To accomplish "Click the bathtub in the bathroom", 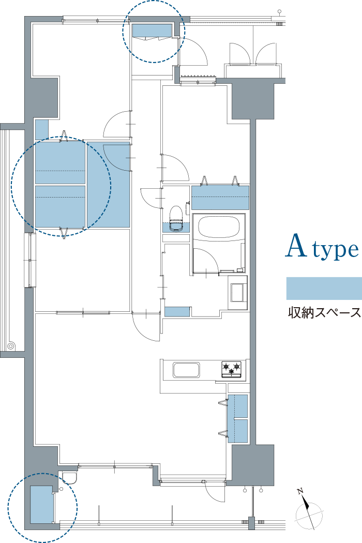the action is (x=219, y=227).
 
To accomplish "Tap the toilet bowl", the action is (x=176, y=218).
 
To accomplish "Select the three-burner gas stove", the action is (x=232, y=369).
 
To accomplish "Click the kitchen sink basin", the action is (x=186, y=370).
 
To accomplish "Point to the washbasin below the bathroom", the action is (x=238, y=292).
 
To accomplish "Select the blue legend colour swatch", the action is (x=324, y=288).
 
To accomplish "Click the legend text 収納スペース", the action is (x=324, y=313).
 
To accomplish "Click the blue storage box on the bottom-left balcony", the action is (x=41, y=505).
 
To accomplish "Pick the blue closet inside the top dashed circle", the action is (x=153, y=30).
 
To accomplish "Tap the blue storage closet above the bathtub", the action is (x=220, y=198).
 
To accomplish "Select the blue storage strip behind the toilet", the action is (x=176, y=227).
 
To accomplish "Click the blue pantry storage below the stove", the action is (x=238, y=419).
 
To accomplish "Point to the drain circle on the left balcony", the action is (x=11, y=345).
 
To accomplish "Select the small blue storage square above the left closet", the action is (x=41, y=129).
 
